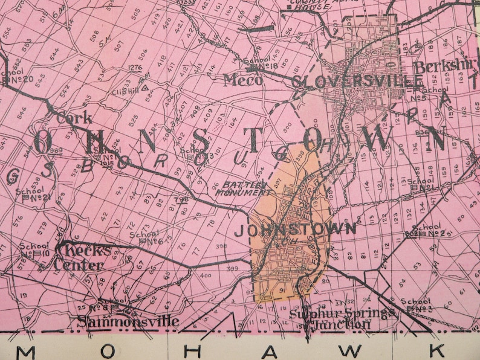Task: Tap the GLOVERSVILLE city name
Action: (x=357, y=82)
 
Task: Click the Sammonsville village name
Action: (x=128, y=321)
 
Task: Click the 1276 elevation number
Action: (x=135, y=68)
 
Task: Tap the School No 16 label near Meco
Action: (x=261, y=64)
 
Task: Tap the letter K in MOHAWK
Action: (x=438, y=350)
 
